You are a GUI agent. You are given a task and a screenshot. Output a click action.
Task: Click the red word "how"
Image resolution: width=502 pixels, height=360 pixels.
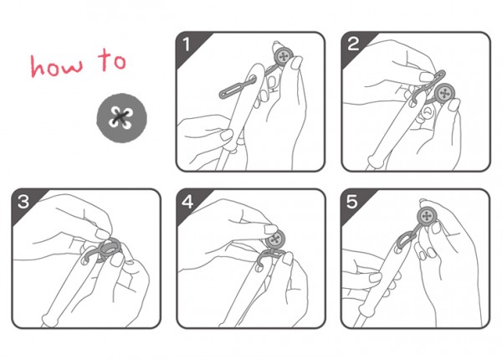coord(56,65)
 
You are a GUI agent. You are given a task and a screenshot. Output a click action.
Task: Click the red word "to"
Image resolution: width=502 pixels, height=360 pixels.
coord(112,59)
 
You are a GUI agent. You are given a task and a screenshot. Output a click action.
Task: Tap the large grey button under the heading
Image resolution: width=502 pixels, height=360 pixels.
coord(121,117)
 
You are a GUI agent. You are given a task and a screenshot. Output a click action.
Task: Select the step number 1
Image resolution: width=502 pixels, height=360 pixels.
coord(187,44)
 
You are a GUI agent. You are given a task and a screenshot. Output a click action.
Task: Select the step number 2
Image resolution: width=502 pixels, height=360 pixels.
coord(353,44)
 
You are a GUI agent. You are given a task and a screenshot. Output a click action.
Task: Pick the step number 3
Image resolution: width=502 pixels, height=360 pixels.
coord(23,202)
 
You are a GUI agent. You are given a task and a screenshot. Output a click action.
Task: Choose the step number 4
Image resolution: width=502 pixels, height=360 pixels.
coord(187,202)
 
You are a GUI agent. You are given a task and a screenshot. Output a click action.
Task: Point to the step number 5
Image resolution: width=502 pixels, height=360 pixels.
coord(351,202)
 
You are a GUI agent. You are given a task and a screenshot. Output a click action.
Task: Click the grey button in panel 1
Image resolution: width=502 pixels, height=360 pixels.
coord(284,57)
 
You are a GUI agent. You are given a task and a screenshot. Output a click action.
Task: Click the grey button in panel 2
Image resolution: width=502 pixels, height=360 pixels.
coord(445,93)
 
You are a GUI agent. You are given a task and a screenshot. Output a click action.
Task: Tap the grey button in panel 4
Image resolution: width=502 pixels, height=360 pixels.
coord(275,239)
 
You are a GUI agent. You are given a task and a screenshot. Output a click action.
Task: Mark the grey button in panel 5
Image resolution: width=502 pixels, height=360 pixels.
coord(426,216)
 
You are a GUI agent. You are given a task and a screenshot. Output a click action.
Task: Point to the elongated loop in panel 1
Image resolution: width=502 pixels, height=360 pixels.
coord(238,87)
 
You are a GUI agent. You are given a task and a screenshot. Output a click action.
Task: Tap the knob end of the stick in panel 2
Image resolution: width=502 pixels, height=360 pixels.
coord(371,160)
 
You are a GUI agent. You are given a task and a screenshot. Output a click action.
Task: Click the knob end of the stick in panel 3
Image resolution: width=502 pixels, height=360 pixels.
coord(48,320)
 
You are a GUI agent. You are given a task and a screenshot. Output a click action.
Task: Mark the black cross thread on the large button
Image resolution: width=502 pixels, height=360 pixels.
coord(121,117)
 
